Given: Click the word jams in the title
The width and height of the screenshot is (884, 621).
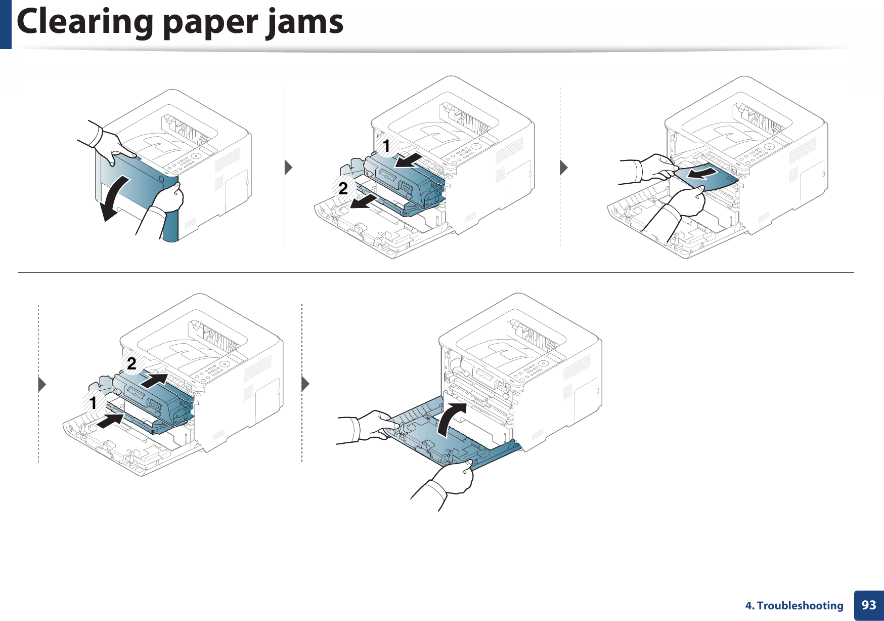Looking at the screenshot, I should click(x=305, y=23).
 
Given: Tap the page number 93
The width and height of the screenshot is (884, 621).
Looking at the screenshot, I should click(x=868, y=605).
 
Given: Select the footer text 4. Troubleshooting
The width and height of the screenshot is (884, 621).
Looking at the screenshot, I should click(x=794, y=605).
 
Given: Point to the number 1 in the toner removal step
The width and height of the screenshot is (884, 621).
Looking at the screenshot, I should click(x=386, y=146).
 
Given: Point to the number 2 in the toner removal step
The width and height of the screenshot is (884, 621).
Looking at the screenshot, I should click(x=343, y=188).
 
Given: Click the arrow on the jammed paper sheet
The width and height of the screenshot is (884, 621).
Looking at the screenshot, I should click(x=703, y=174).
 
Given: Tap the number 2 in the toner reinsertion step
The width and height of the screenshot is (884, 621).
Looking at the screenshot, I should click(x=131, y=363).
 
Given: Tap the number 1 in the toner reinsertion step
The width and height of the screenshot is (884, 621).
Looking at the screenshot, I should click(x=93, y=403).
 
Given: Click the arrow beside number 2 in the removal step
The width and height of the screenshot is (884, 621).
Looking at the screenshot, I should click(x=364, y=202).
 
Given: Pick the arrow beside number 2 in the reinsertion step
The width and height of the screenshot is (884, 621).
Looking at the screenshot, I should click(x=154, y=380).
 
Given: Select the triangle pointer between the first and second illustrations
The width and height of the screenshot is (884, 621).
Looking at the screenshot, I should click(x=289, y=167).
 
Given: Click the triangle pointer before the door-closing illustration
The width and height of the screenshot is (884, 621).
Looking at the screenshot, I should click(x=305, y=384).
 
